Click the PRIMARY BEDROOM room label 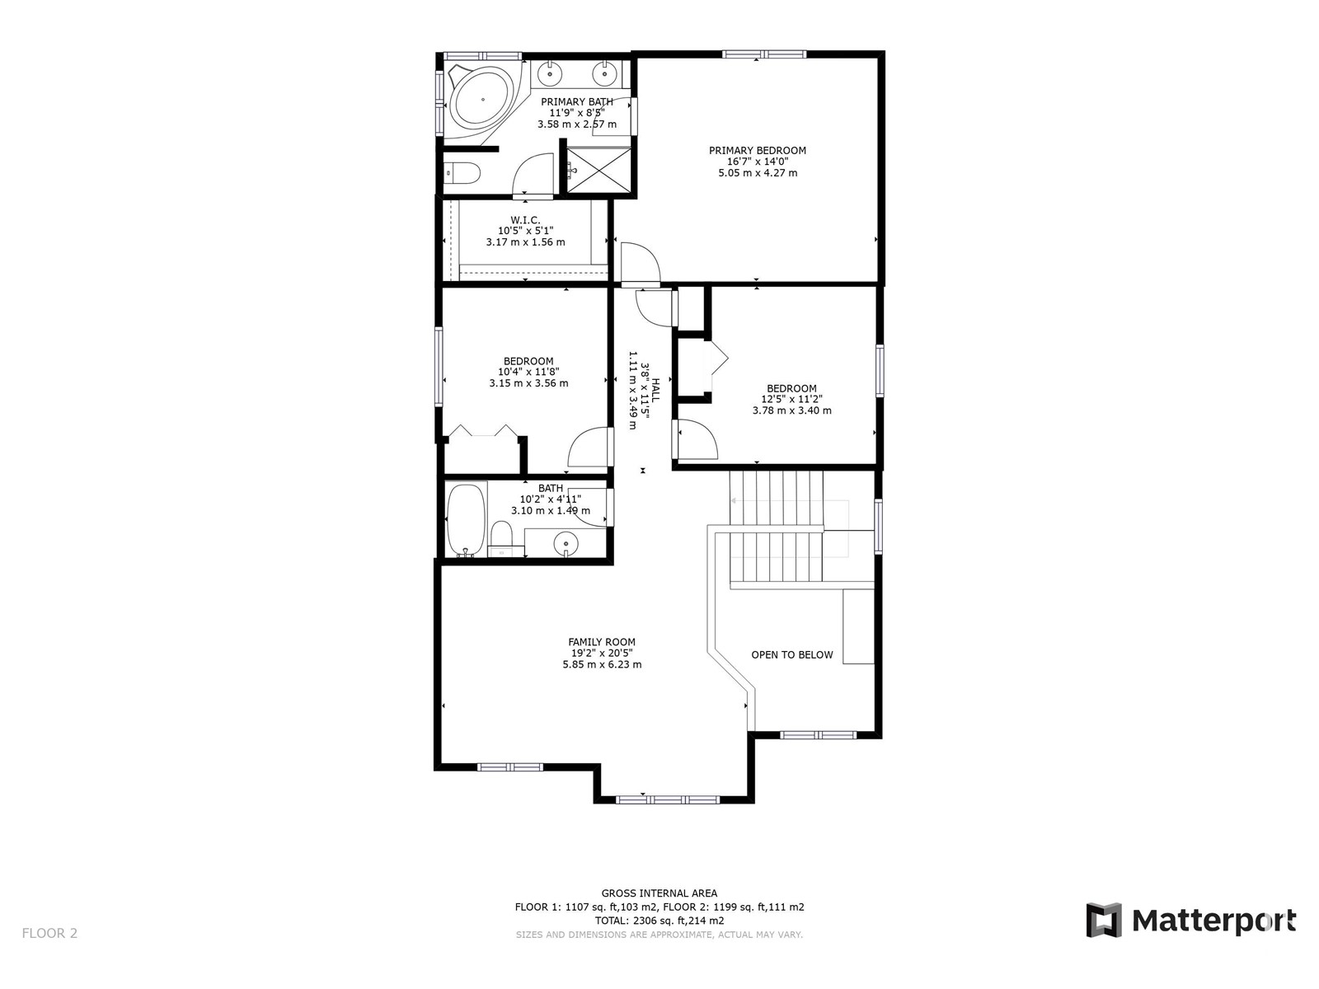point(757,151)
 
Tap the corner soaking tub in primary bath point(480,101)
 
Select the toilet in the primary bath point(462,174)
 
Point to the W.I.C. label point(525,220)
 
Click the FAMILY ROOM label point(602,642)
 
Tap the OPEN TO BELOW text point(792,654)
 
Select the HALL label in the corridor point(656,391)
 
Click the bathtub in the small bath point(466,520)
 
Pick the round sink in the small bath point(566,543)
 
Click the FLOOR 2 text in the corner point(50,933)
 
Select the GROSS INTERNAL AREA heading point(659,893)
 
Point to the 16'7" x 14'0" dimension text point(757,162)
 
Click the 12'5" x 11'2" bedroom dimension point(791,399)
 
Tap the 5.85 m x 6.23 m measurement point(602,664)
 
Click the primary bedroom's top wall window point(764,54)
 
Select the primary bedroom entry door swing point(641,262)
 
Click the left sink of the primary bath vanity point(549,74)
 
